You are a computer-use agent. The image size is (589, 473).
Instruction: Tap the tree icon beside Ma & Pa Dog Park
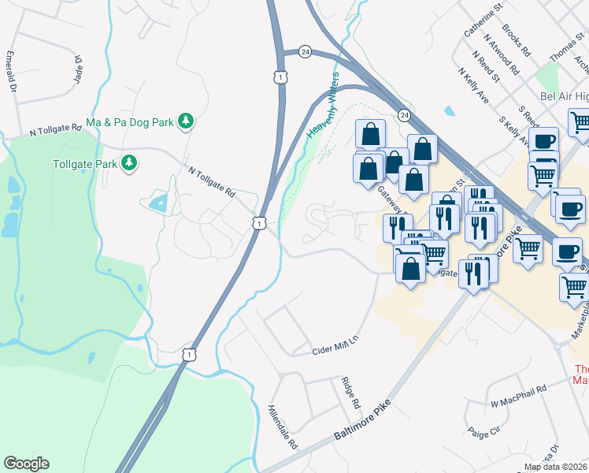tap(186, 121)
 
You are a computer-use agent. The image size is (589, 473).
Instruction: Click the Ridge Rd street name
tap(351, 393)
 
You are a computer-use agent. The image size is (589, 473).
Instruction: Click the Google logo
tap(26, 464)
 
